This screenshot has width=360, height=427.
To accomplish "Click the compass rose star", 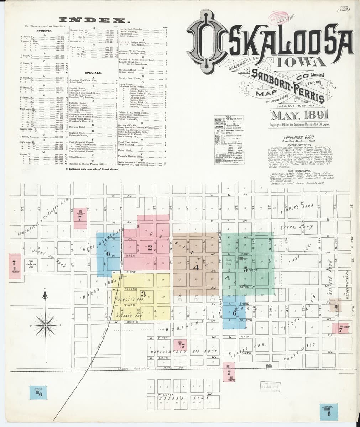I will (46, 325).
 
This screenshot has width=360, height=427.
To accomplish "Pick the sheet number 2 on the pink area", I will (150, 247).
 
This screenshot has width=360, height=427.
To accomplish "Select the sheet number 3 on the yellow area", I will (143, 294).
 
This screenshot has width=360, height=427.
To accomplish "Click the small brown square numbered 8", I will (336, 306).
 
